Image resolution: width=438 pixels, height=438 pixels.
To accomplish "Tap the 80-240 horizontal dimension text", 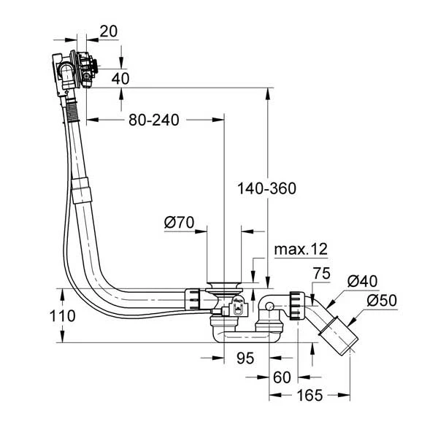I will coord(154,118).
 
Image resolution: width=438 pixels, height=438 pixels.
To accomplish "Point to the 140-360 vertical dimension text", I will coord(266,188).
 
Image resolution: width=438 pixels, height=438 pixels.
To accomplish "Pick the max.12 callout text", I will coord(301,249).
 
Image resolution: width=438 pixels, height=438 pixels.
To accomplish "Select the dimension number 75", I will coord(321,274).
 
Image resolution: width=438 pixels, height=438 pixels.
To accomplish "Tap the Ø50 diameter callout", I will coord(380,300).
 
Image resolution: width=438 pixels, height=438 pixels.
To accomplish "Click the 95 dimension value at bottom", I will coord(245,358).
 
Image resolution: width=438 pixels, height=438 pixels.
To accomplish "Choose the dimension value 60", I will coord(282,377).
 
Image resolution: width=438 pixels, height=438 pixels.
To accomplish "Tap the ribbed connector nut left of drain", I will coord(193,300).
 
